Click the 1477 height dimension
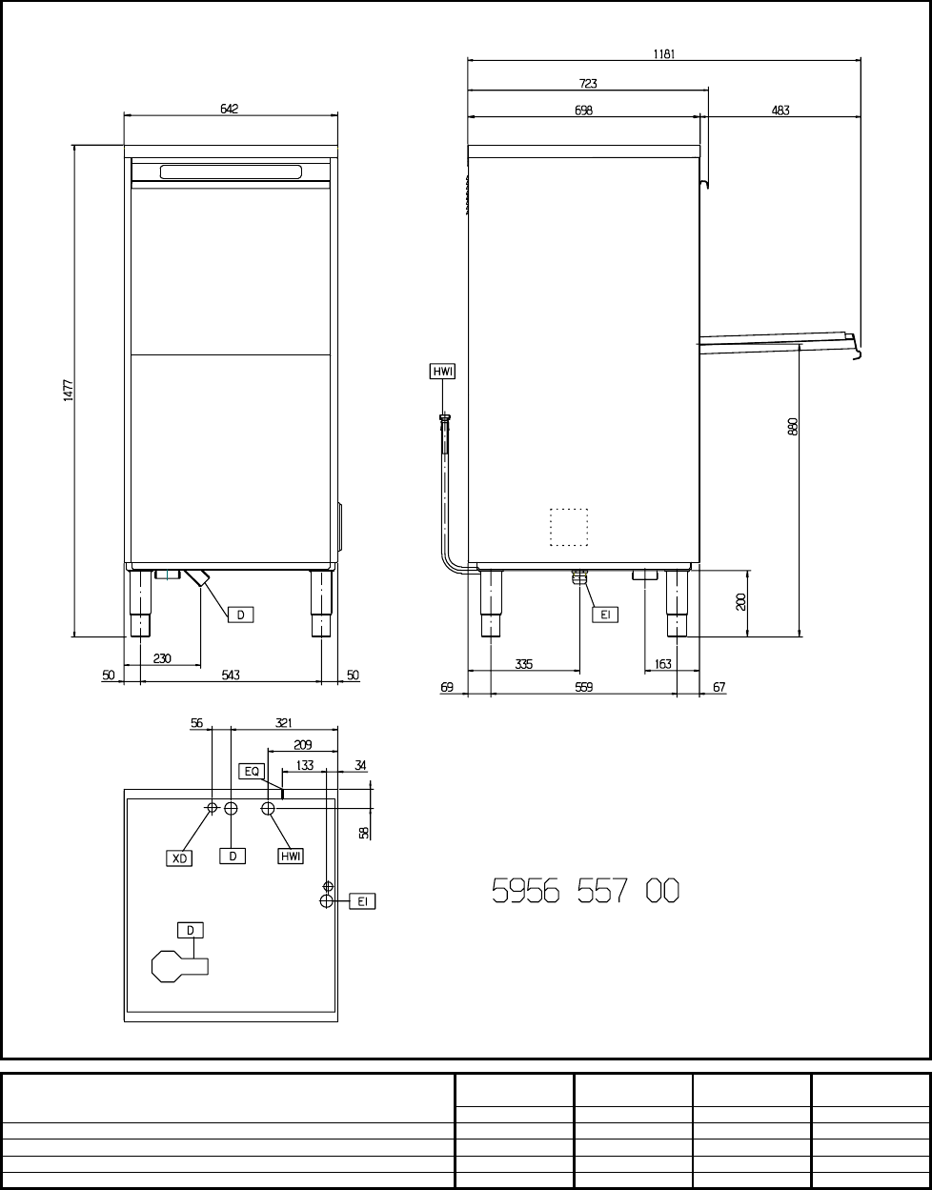[69, 391]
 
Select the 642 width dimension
[230, 109]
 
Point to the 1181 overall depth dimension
[664, 54]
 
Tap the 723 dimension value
[588, 84]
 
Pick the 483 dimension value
[780, 111]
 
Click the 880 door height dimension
[793, 427]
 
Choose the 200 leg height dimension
[740, 602]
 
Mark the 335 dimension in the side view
[523, 664]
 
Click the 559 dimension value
[584, 687]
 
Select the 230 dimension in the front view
[162, 658]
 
